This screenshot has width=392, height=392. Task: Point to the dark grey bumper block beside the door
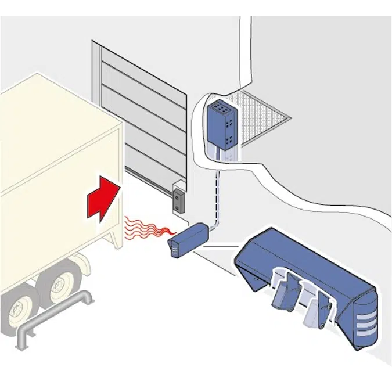click(x=177, y=199)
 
